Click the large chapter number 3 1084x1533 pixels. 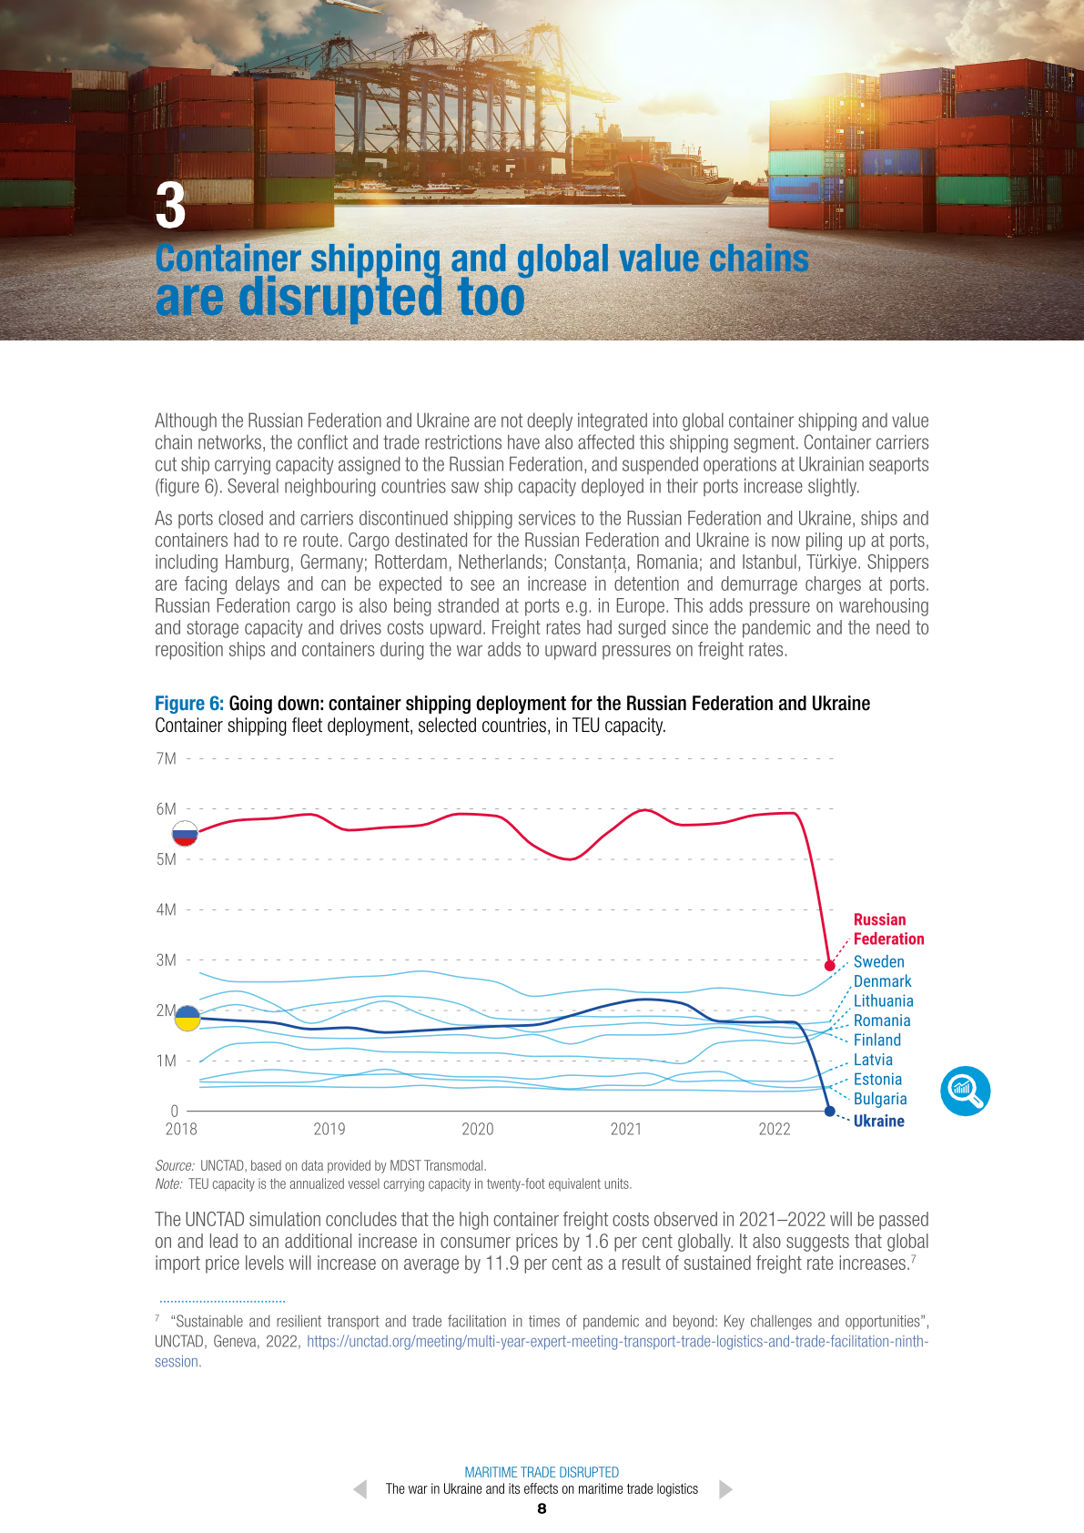tap(171, 206)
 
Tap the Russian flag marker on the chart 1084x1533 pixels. tap(185, 833)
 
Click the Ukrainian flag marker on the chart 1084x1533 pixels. tap(187, 1018)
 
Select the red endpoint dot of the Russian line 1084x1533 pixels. tap(829, 965)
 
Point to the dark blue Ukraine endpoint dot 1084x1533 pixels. tap(829, 1111)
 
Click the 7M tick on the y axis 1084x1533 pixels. tap(167, 758)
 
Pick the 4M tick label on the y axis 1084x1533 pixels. tap(167, 909)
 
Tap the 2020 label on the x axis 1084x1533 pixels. tap(478, 1129)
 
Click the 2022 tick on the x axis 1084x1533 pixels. tap(775, 1129)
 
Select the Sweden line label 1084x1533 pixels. tap(878, 961)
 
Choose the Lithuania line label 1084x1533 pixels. tap(883, 1000)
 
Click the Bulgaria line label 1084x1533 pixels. tap(880, 1099)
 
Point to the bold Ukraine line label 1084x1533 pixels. tap(878, 1121)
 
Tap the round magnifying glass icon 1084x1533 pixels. tap(965, 1091)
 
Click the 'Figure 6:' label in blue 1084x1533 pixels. tap(189, 704)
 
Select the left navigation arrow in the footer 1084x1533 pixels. tap(360, 1489)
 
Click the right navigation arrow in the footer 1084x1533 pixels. tap(725, 1489)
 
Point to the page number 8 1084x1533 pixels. tap(542, 1508)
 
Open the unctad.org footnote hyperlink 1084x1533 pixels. tap(617, 1342)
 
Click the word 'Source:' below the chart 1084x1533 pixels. tap(175, 1165)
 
